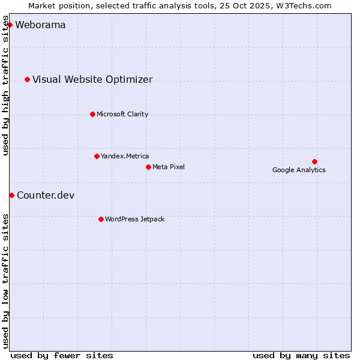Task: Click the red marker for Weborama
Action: pos(10,25)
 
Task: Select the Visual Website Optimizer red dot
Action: pos(27,79)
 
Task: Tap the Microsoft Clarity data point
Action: pos(92,114)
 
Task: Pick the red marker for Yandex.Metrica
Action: pos(97,156)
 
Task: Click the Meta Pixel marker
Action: pos(148,167)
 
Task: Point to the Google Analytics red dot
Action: pos(314,161)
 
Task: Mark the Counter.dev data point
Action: pos(11,195)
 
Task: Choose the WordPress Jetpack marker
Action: pos(101,219)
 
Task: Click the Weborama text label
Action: pos(40,25)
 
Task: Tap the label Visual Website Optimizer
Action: pos(92,80)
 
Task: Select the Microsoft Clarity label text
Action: pos(122,115)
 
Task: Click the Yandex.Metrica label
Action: pos(125,157)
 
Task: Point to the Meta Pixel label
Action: pos(169,167)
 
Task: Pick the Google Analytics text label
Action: pos(299,170)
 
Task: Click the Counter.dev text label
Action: pos(46,196)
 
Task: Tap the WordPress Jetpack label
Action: pos(134,220)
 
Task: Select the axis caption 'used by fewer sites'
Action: pos(62,355)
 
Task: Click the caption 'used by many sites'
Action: pos(301,355)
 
